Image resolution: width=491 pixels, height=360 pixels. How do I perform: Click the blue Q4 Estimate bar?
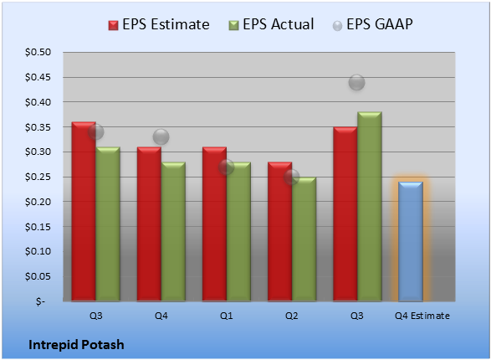411,242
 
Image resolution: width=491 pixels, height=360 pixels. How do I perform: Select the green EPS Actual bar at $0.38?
370,207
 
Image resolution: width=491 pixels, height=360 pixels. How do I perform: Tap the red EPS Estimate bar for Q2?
279,232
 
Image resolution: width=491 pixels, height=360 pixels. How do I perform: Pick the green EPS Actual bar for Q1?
238,232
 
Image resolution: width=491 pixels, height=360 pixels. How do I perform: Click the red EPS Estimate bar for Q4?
149,224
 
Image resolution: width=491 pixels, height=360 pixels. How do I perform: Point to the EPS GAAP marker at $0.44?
356,82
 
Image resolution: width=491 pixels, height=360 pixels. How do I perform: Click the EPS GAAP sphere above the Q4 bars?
161,137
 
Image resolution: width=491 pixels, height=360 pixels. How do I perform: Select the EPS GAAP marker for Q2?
292,177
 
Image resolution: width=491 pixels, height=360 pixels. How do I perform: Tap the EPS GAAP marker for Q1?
226,167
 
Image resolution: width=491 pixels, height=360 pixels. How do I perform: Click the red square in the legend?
113,25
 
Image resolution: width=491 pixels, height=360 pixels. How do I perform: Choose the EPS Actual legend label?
279,24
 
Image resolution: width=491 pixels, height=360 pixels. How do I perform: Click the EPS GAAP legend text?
380,24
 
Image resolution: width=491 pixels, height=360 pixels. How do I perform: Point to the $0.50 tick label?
38,52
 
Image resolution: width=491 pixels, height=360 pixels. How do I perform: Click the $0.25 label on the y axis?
38,177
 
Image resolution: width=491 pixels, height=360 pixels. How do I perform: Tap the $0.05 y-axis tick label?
38,276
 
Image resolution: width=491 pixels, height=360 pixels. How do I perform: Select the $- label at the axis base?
40,301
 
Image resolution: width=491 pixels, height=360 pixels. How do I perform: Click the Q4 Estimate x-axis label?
422,316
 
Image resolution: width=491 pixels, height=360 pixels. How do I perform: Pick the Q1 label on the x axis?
226,316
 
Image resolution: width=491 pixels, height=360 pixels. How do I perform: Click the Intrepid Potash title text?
76,345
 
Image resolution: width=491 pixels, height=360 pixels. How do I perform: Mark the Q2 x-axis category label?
292,316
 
